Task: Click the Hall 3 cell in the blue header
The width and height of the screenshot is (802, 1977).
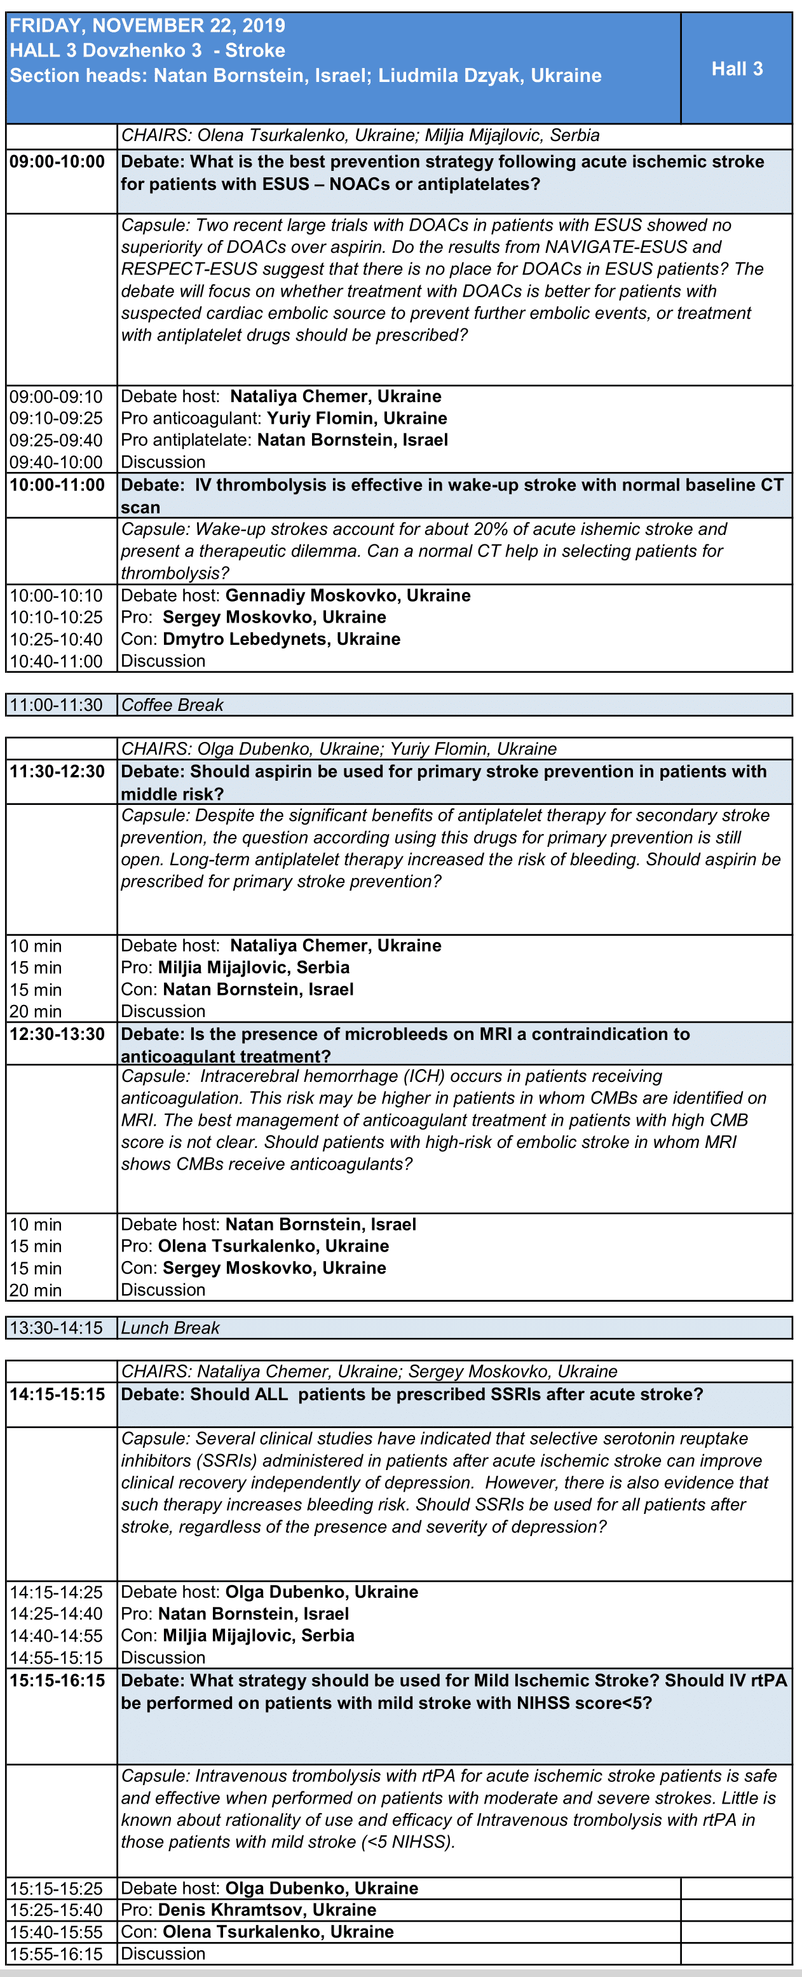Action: click(736, 69)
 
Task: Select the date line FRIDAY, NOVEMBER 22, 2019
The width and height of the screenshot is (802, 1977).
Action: click(147, 25)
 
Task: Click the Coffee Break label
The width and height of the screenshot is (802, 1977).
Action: click(173, 705)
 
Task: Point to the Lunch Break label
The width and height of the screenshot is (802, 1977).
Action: click(170, 1328)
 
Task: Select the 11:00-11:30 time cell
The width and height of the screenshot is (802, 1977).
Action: click(56, 705)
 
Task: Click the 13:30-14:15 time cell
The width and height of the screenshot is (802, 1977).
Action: click(56, 1328)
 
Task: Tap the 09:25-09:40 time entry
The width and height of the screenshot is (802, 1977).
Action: click(56, 440)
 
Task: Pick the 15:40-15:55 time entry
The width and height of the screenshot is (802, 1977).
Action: click(56, 1932)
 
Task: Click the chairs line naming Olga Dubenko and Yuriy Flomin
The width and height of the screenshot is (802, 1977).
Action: click(339, 749)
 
